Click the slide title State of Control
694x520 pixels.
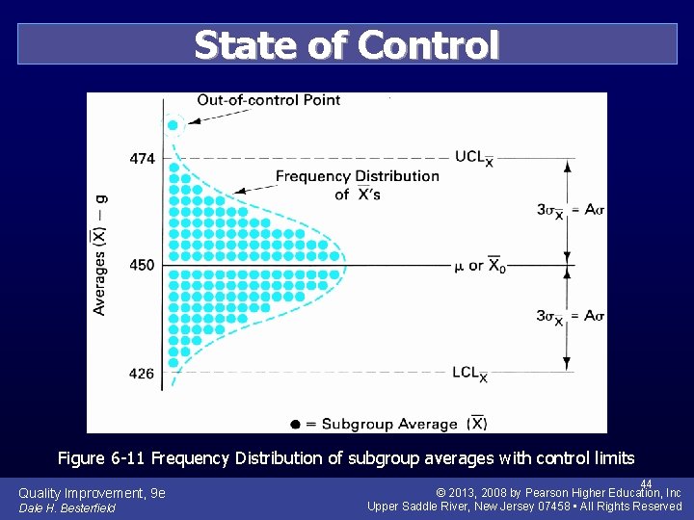click(347, 44)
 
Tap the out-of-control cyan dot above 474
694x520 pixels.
click(173, 125)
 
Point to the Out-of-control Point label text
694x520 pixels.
click(268, 100)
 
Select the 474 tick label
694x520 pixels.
click(141, 158)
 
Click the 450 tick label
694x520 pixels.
click(141, 265)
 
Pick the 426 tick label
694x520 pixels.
click(141, 373)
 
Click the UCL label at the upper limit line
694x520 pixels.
click(474, 158)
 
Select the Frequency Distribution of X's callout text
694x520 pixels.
click(357, 185)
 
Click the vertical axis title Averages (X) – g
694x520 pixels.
click(99, 255)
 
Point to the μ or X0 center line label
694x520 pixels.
click(479, 266)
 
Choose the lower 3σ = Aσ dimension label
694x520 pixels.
click(571, 317)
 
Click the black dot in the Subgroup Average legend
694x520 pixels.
click(296, 424)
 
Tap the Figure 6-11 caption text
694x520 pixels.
click(346, 457)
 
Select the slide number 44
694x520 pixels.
click(646, 483)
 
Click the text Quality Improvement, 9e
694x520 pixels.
click(92, 493)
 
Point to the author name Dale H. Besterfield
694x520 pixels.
click(67, 507)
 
